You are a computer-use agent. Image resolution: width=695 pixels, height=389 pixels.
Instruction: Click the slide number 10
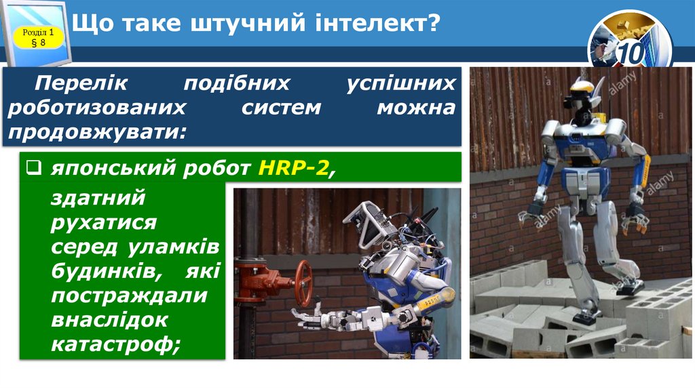point(631,52)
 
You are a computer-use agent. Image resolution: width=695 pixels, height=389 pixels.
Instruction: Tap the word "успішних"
point(400,83)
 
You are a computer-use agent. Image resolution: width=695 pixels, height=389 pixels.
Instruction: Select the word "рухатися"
point(103,222)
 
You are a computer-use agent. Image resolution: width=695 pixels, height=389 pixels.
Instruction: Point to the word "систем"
point(282,106)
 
